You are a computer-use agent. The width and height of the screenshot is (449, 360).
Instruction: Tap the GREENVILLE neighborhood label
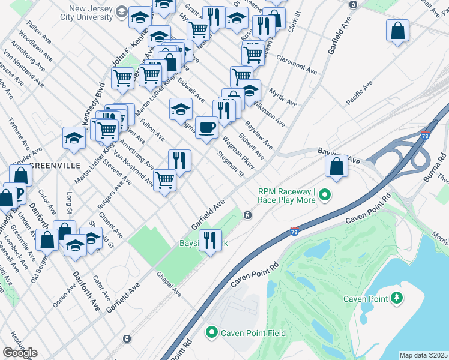[55, 166]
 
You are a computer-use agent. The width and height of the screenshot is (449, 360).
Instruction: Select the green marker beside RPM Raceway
[325, 194]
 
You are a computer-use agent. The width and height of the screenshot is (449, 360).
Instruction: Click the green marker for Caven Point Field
[211, 332]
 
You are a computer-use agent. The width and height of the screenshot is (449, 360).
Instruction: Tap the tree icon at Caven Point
[396, 298]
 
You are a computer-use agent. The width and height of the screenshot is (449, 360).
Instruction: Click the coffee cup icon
[206, 128]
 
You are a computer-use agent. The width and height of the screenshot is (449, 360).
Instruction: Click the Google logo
[20, 353]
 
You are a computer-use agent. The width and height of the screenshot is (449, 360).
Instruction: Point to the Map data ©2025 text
[424, 355]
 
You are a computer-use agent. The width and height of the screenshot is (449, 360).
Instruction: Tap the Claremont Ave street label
[296, 66]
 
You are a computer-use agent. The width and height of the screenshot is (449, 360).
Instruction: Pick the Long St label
[70, 203]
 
